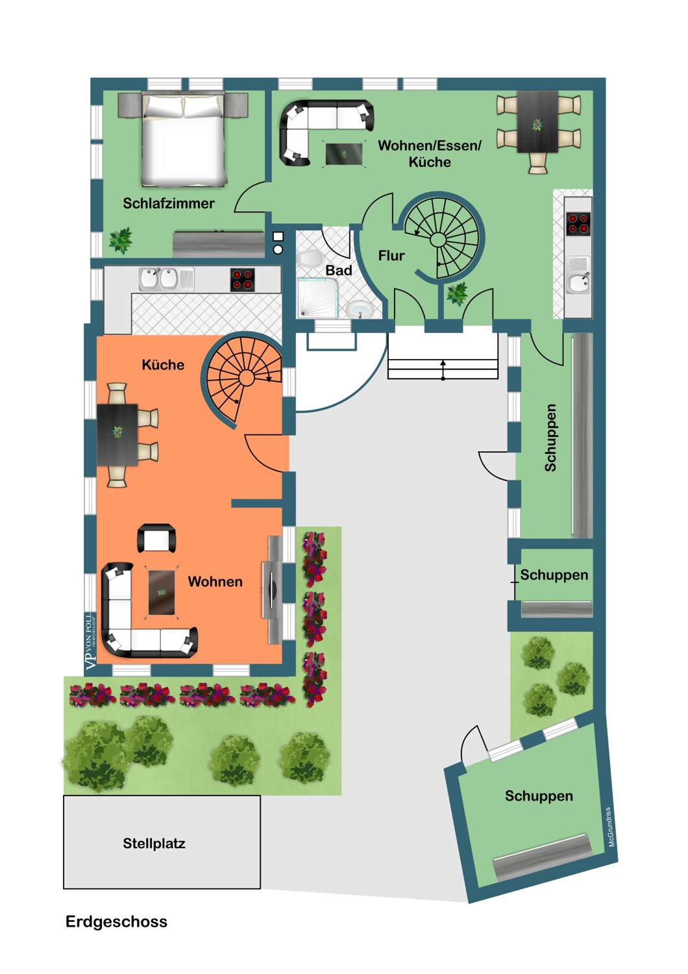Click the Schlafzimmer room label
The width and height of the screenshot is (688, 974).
169,203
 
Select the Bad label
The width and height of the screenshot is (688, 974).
339,270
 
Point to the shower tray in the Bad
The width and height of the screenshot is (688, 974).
317,298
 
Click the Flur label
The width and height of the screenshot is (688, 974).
391,256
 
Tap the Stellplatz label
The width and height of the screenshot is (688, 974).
154,843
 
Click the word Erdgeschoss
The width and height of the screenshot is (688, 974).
116,921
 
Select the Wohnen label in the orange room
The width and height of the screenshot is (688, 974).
215,581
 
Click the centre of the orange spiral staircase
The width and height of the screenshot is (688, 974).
246,379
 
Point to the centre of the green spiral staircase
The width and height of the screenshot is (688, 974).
437,240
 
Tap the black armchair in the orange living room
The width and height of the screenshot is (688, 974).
156,538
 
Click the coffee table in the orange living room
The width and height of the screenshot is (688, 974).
162,592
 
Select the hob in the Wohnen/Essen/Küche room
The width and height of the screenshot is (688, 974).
578,224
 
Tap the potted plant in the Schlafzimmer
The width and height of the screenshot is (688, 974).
120,240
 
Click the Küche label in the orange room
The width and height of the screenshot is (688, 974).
163,364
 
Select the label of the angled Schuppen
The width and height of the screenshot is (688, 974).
539,795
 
